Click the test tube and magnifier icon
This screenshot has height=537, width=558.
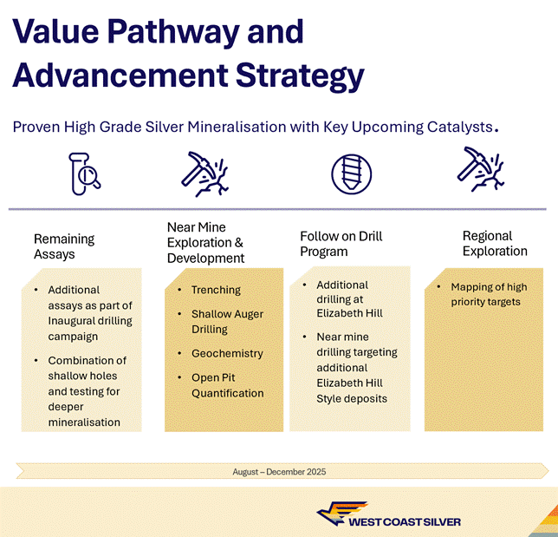point(84,174)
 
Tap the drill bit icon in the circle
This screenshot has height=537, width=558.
point(351,174)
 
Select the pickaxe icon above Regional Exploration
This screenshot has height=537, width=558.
point(480,169)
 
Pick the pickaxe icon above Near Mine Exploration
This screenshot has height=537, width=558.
point(204,174)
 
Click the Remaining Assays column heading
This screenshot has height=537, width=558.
point(64,246)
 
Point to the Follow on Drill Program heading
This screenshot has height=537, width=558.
point(341,244)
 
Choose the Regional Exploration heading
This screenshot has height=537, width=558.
point(495,244)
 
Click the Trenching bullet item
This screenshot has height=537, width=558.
point(216,290)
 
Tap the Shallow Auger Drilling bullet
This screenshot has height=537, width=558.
point(227,321)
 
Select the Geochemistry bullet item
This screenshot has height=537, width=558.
point(227,353)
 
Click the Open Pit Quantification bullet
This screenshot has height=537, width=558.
point(228,385)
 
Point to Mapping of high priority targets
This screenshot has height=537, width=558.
point(489,294)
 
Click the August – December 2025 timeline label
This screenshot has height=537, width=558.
point(279,472)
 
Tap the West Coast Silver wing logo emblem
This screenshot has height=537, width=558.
point(341,513)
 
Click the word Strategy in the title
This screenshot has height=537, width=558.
point(300,76)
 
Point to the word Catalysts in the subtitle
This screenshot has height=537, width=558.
point(460,128)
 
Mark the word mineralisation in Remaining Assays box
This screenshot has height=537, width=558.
point(84,422)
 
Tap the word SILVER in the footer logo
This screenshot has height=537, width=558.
point(438,522)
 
